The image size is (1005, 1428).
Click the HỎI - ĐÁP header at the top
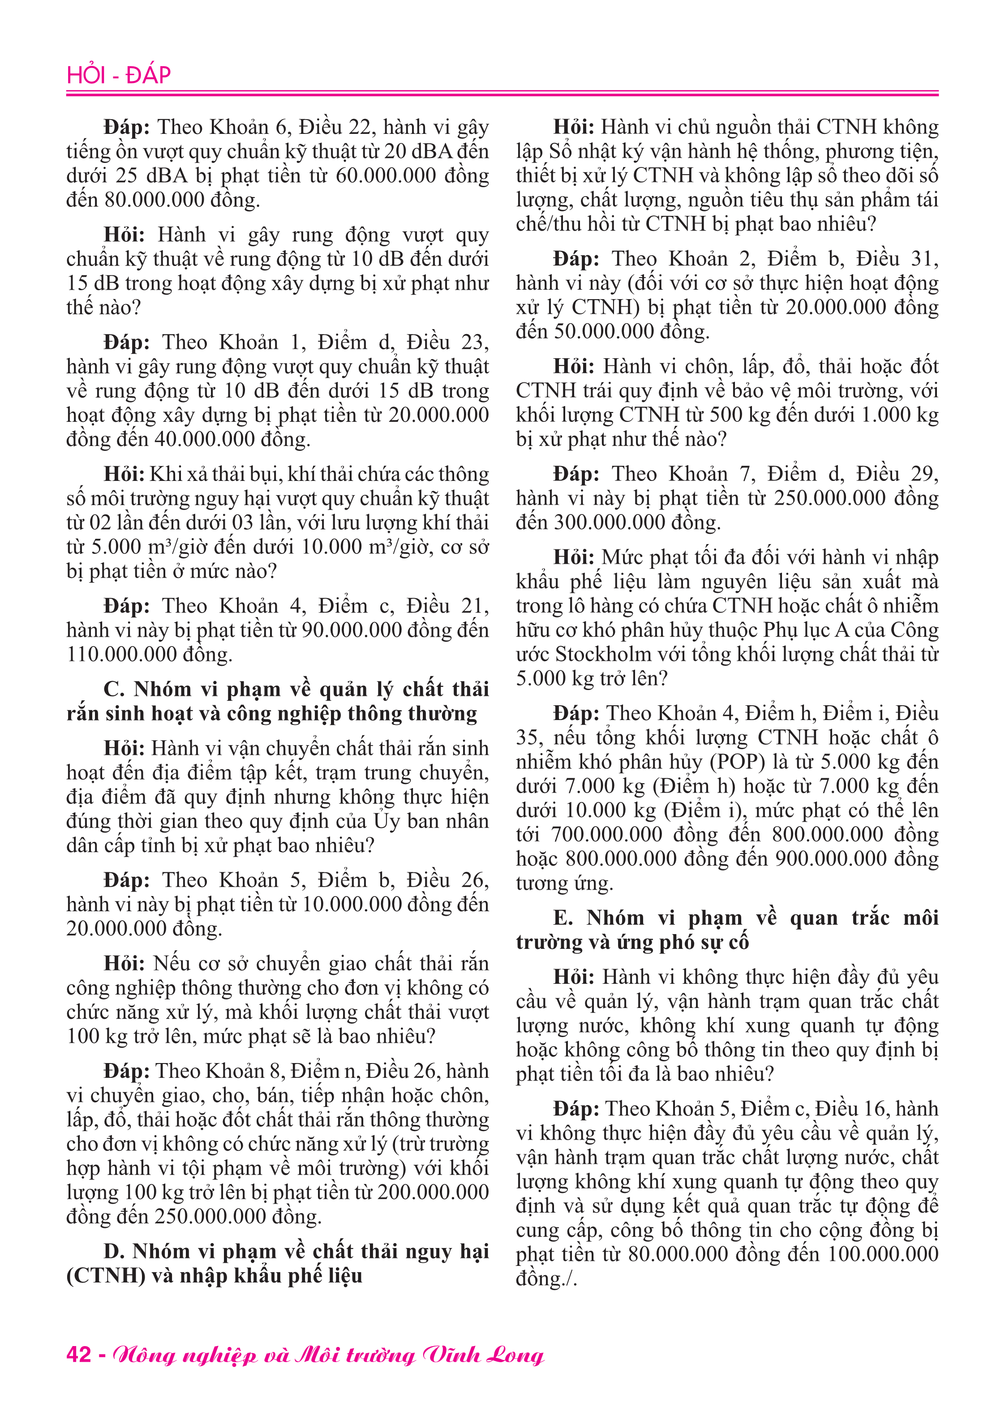(x=118, y=75)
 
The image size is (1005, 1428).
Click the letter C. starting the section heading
(x=115, y=690)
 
